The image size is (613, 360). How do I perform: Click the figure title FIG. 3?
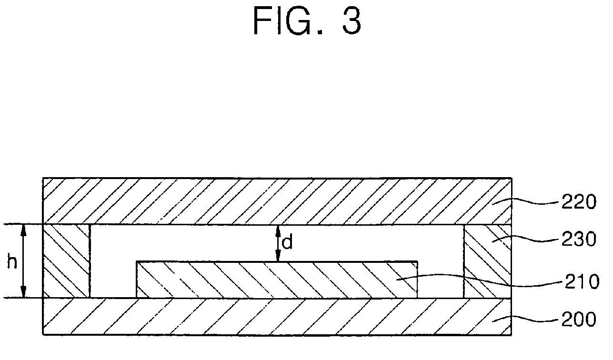tap(306, 21)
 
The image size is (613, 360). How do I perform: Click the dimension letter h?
tap(11, 262)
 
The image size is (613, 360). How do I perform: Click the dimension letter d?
tap(287, 243)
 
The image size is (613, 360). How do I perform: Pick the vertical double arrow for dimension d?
tap(279, 243)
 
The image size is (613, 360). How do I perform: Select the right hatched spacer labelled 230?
tap(487, 261)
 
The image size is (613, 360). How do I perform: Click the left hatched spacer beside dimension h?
tap(66, 261)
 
